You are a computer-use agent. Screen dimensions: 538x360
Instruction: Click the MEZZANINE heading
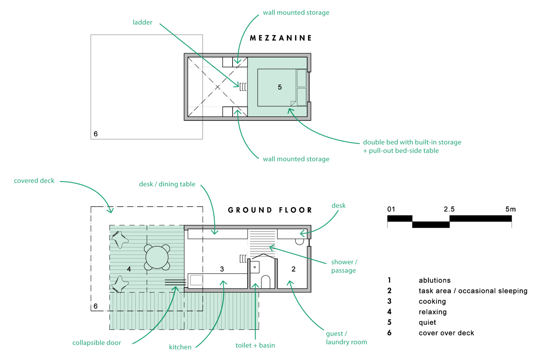[281, 38]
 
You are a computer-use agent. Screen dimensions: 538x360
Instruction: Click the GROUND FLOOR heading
[270, 210]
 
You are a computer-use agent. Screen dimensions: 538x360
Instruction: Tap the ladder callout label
[142, 22]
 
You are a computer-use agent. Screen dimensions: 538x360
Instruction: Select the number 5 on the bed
[280, 87]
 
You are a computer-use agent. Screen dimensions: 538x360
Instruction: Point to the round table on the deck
[157, 257]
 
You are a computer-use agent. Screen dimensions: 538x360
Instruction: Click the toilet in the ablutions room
[265, 282]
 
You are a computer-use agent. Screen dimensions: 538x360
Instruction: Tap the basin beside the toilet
[255, 267]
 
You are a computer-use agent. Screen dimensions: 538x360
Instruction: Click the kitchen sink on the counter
[197, 280]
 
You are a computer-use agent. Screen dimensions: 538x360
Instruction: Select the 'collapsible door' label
[97, 343]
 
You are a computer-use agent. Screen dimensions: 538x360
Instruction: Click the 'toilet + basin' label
[255, 345]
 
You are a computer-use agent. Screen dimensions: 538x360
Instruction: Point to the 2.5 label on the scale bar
[449, 209]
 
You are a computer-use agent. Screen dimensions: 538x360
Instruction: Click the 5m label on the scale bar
[510, 209]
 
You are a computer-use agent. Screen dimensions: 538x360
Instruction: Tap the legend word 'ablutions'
[434, 280]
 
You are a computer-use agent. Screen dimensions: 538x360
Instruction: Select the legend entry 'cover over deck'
[446, 333]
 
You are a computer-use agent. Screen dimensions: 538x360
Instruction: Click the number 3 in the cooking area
[222, 269]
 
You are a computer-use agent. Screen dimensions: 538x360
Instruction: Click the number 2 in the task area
[294, 269]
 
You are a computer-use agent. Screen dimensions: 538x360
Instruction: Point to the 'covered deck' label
[34, 180]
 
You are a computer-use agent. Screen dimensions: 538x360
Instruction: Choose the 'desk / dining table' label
[167, 184]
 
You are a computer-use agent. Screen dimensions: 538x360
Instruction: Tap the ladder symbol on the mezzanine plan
[243, 87]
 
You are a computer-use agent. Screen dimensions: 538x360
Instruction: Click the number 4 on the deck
[129, 269]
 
